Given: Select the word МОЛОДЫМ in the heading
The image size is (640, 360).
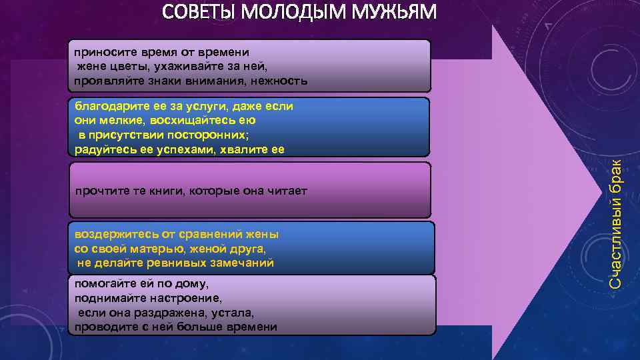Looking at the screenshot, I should pyautogui.click(x=296, y=13).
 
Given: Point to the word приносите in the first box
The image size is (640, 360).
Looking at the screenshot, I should pyautogui.click(x=101, y=52).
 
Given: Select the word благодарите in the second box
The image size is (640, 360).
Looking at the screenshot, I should pyautogui.click(x=107, y=106).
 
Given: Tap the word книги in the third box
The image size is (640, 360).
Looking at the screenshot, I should pyautogui.click(x=169, y=191).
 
